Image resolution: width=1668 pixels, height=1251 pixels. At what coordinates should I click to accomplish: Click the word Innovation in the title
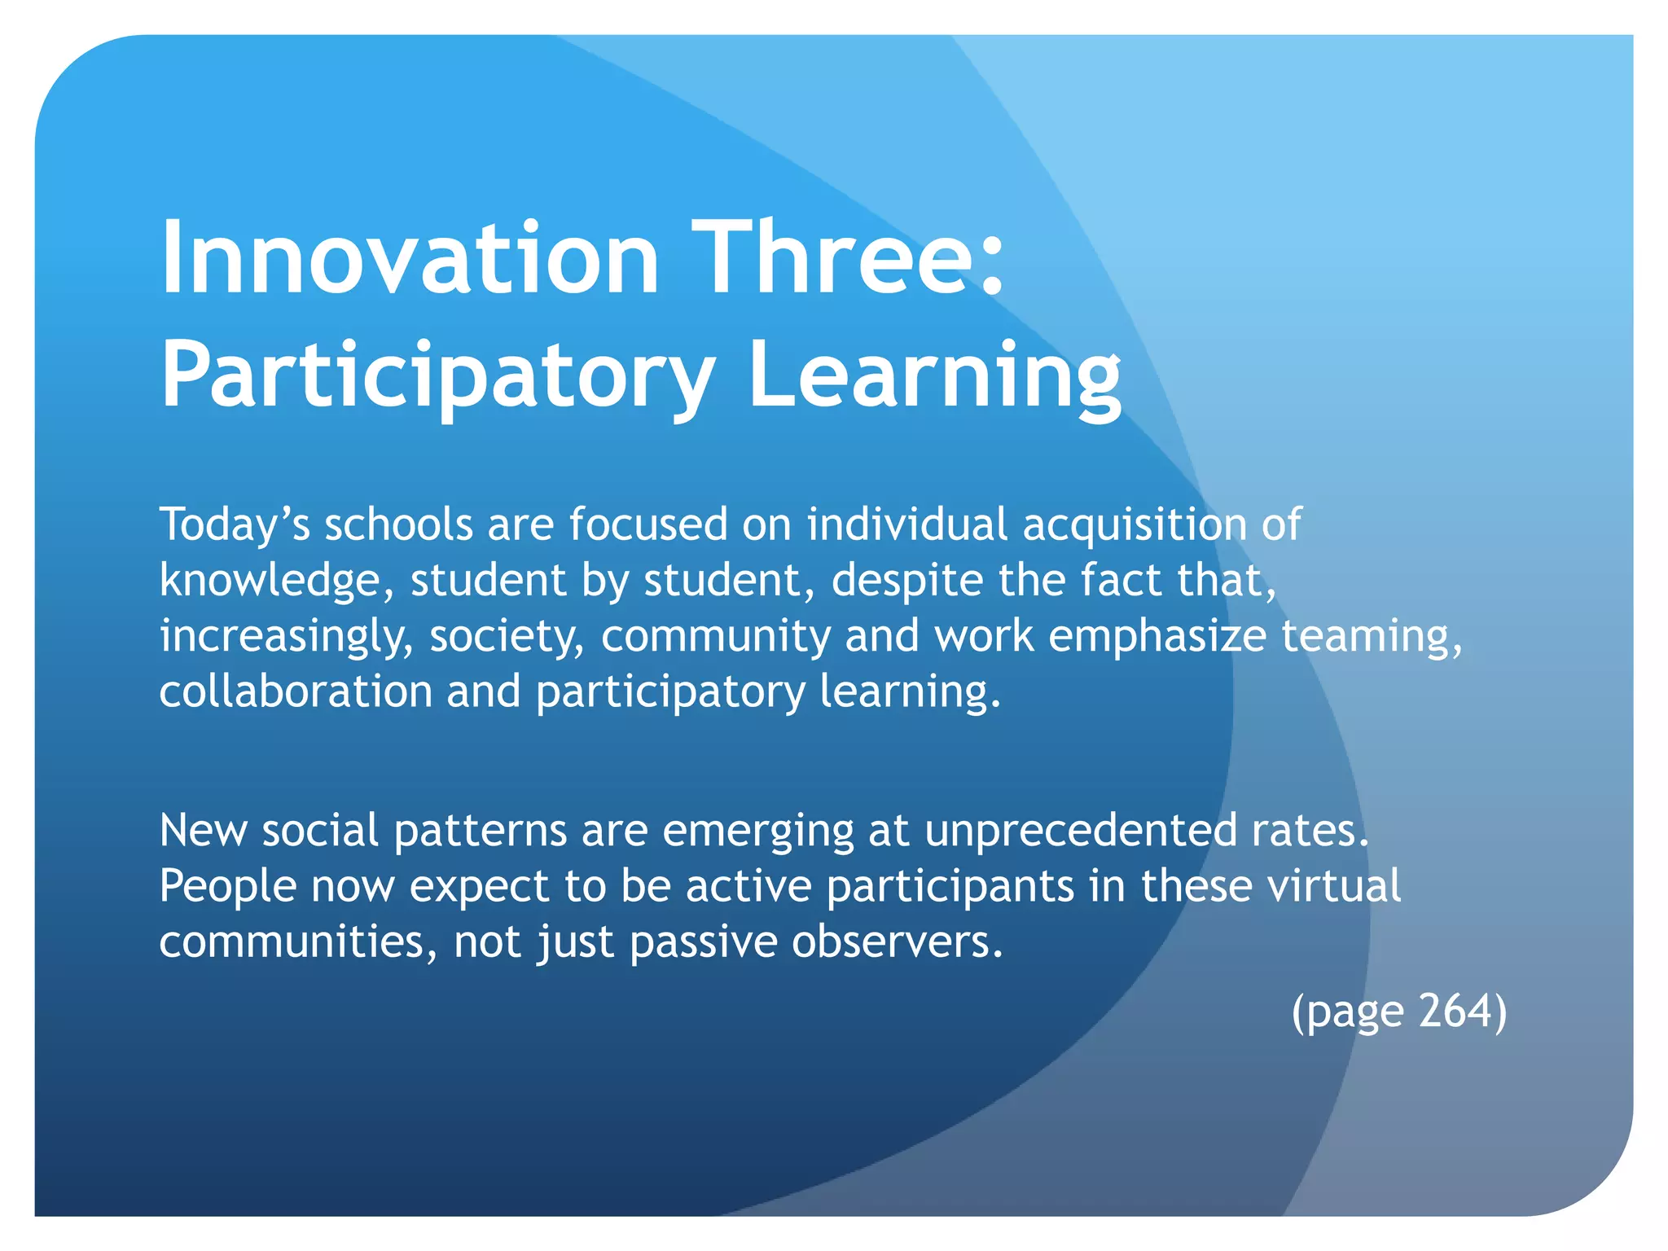(410, 258)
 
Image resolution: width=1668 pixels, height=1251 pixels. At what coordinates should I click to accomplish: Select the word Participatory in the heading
(437, 375)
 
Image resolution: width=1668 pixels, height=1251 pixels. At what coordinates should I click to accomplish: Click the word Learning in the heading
(934, 375)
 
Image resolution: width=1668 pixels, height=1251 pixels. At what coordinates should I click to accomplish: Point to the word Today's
(235, 524)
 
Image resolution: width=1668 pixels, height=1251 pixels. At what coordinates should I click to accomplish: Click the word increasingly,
(287, 636)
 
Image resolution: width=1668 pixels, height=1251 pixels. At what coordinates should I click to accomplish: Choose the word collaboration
(296, 691)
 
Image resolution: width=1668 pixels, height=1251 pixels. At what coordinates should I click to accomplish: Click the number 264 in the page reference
(1454, 1011)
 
